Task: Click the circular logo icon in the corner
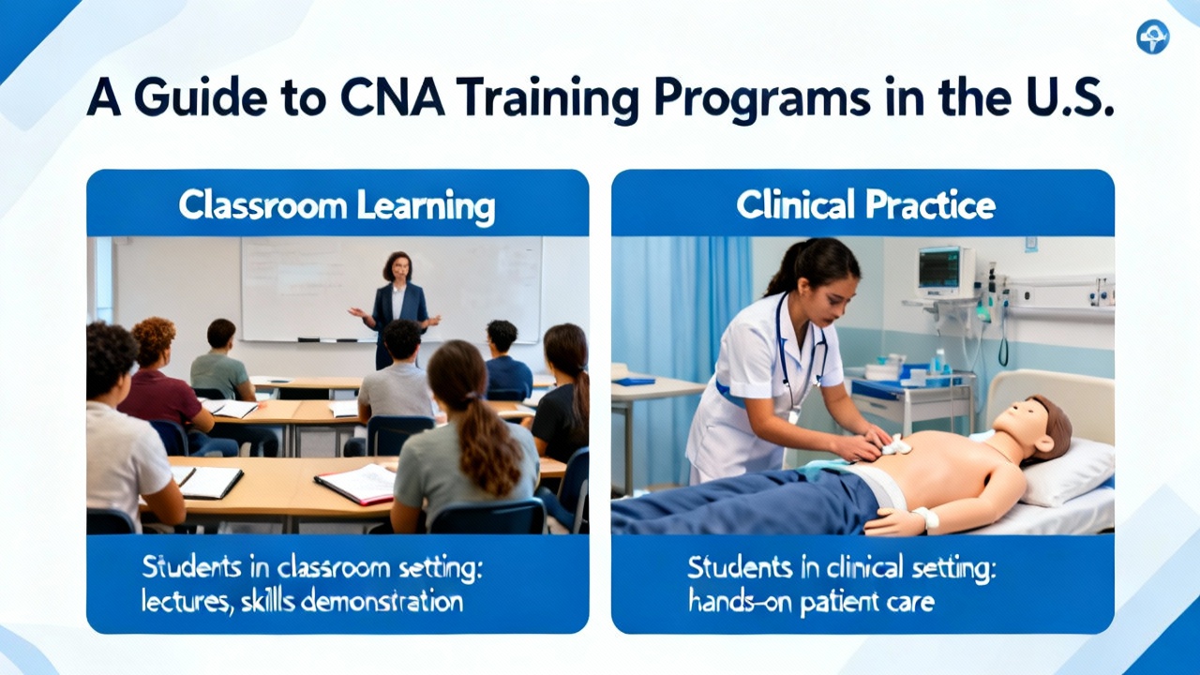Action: (1152, 37)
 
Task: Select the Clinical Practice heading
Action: (865, 204)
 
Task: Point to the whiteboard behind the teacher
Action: (391, 290)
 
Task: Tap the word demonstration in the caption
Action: (382, 602)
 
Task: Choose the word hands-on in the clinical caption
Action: (741, 601)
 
